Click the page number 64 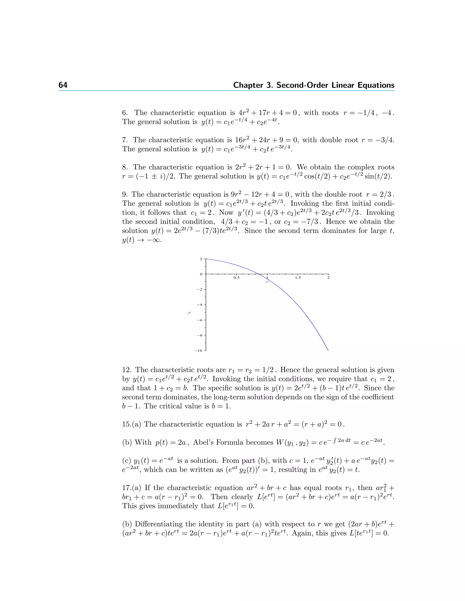pos(63,85)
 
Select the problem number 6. pos(125,113)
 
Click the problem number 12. pos(127,370)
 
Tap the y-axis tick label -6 pos(200,320)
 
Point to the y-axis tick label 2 pos(201,259)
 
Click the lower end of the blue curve pos(328,351)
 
